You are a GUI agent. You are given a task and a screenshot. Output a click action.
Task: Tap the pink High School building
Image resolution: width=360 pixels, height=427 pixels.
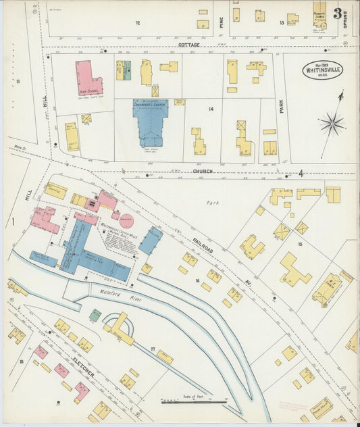(x=88, y=78)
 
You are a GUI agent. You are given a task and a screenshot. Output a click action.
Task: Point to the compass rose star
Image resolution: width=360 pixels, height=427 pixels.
(x=332, y=123)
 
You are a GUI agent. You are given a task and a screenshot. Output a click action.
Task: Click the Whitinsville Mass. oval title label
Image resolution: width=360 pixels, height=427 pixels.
(x=322, y=70)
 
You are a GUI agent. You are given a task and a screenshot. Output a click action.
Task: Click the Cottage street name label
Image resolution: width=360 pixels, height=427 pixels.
(x=189, y=45)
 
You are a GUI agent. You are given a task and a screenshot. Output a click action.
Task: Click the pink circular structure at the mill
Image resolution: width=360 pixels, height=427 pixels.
(x=126, y=222)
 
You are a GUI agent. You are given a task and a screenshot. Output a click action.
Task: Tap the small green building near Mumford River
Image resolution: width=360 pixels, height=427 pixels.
(x=96, y=315)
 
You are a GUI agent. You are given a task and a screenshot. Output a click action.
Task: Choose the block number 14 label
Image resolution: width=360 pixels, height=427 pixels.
(x=211, y=109)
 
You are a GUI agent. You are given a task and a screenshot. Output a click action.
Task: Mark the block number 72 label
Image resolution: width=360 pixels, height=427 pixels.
(x=137, y=23)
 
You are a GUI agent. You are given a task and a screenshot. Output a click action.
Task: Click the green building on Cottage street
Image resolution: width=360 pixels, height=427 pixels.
(x=127, y=70)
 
